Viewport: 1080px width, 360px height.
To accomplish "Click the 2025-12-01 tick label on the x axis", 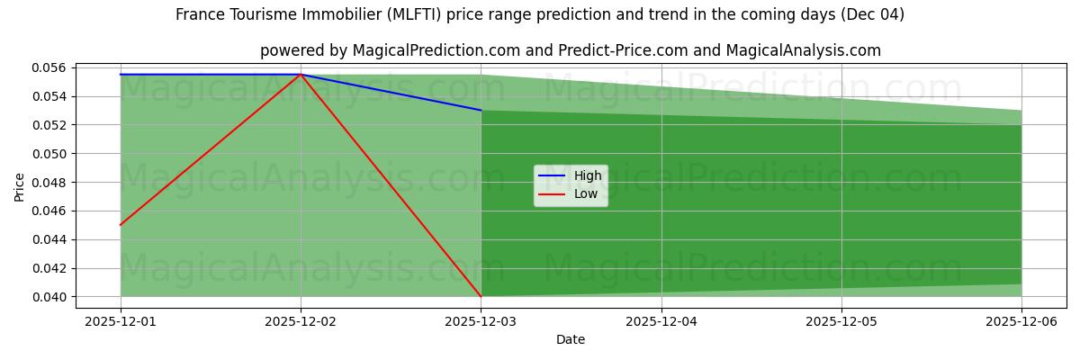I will (x=121, y=320).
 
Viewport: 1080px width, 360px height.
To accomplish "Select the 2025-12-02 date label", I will (x=301, y=320).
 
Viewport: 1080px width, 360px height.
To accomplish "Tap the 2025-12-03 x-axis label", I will (x=481, y=320).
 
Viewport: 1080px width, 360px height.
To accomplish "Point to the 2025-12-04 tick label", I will (x=661, y=320).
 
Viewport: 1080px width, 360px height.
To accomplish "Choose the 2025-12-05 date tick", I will (x=841, y=320).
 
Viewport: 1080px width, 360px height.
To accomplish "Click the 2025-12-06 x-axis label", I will (x=1021, y=320).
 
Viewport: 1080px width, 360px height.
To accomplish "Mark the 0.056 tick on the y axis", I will (x=49, y=68).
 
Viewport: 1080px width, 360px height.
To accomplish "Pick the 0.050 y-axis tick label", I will (x=49, y=154).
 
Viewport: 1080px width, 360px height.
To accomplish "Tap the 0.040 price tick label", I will (x=49, y=297).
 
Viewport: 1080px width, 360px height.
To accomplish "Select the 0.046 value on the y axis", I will (x=49, y=211).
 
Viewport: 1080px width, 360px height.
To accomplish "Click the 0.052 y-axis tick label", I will (x=49, y=125).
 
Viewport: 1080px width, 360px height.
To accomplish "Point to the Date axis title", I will (x=571, y=339).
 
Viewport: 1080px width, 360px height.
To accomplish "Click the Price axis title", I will (x=20, y=185).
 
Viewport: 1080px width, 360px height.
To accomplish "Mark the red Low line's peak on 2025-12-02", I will (x=301, y=75).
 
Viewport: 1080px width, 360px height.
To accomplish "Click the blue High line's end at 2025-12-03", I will (x=481, y=110).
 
